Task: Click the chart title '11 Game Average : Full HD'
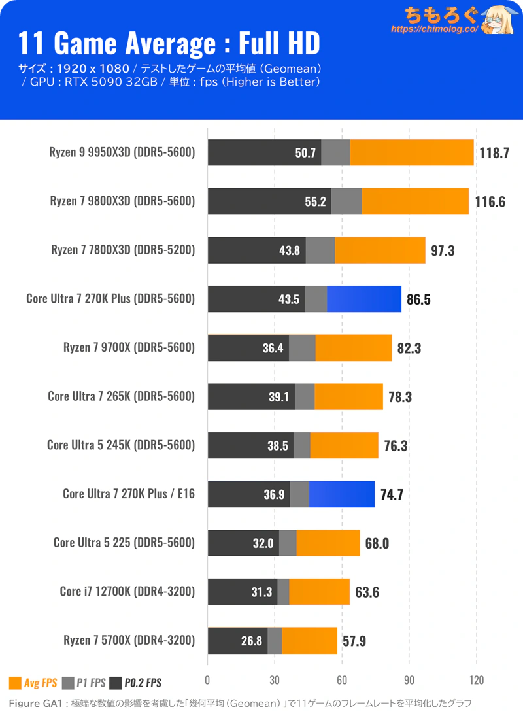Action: pyautogui.click(x=169, y=43)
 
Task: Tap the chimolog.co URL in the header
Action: pyautogui.click(x=435, y=29)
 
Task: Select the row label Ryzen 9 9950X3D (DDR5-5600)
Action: pyautogui.click(x=122, y=152)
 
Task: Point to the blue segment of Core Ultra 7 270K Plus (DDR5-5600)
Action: pyautogui.click(x=363, y=299)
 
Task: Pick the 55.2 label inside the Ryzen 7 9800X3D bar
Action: pyautogui.click(x=314, y=202)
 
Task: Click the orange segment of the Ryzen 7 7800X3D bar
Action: pyautogui.click(x=380, y=250)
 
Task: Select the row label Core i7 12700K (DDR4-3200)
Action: pyautogui.click(x=127, y=592)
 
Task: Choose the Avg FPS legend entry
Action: pyautogui.click(x=33, y=683)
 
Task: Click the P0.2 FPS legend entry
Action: pyautogui.click(x=136, y=683)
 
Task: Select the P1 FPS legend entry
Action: pyautogui.click(x=84, y=683)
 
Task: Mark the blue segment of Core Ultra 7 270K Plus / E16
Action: pyautogui.click(x=341, y=494)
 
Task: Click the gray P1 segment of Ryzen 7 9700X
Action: pyautogui.click(x=302, y=348)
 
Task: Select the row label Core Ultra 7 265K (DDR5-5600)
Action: pyautogui.click(x=122, y=397)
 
